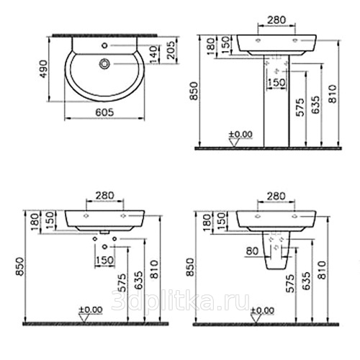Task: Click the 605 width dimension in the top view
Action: (104, 112)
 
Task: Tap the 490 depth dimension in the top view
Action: (44, 69)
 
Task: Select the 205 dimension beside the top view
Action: (171, 50)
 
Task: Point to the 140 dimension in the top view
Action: (155, 55)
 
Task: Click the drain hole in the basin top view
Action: (104, 64)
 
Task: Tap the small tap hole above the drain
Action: (104, 45)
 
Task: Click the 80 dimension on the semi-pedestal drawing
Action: (252, 251)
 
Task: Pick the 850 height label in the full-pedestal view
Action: (194, 91)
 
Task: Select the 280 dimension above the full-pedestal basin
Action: (276, 19)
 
